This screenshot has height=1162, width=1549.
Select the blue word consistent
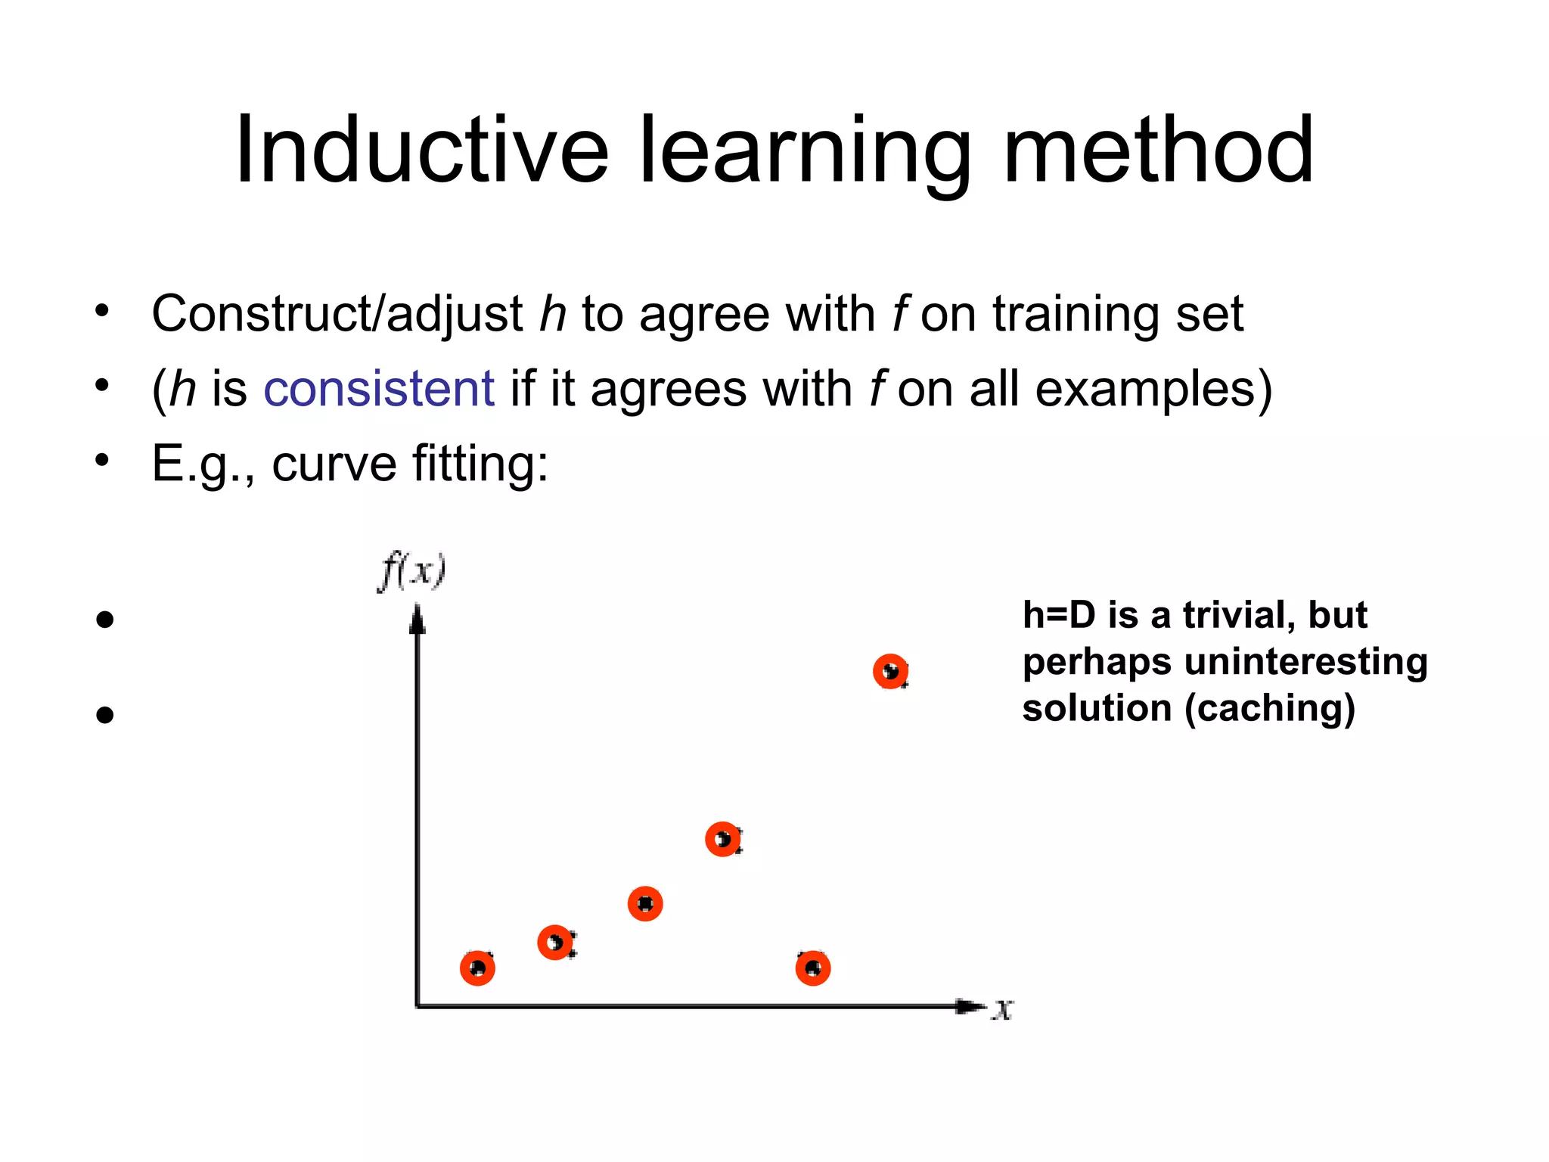379,389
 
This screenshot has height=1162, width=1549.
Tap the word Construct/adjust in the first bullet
337,314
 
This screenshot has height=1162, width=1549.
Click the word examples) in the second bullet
1153,389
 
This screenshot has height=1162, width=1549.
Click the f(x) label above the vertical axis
412,571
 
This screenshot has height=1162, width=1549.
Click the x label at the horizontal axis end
1003,1008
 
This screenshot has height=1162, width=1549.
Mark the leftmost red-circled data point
477,968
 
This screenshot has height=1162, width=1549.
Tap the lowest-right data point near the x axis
813,968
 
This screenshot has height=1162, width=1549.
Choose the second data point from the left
555,943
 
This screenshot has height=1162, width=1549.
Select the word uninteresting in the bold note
1305,662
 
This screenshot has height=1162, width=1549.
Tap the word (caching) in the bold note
1270,709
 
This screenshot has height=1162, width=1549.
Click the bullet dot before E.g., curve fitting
103,460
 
